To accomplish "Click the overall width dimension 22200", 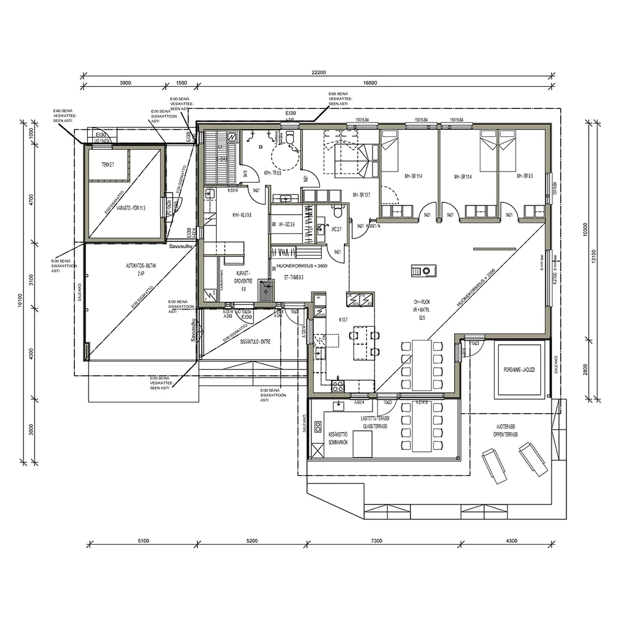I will click(x=318, y=72).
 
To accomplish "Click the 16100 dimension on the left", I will click(x=20, y=301).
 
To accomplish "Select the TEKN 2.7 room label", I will click(x=108, y=164).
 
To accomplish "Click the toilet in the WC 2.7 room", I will click(x=337, y=212).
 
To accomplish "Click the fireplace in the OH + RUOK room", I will click(x=425, y=271).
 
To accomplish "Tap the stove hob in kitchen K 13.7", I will click(x=339, y=386).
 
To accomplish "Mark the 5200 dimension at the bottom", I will click(x=252, y=541).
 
